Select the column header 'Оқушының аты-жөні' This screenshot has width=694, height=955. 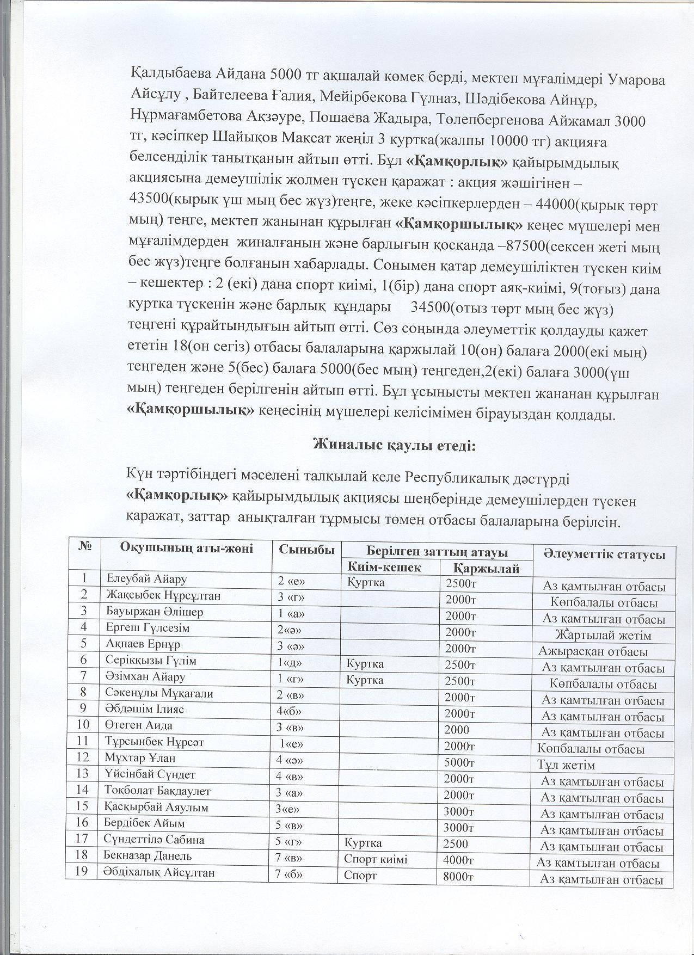pos(187,548)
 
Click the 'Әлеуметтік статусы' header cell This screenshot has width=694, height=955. pos(604,554)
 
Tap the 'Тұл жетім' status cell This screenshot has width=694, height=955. pos(566,765)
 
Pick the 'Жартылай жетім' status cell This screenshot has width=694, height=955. pos(603,635)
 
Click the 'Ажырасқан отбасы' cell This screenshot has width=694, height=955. pos(593,651)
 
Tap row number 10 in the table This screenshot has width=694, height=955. pos(83,725)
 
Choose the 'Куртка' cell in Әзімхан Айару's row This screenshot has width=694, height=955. pos(365,680)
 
